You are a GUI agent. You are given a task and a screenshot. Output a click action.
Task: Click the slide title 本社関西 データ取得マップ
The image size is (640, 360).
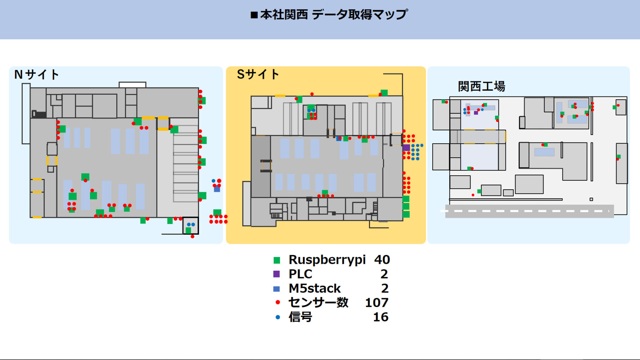329,15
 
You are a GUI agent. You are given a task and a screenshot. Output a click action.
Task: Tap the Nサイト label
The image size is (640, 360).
36,75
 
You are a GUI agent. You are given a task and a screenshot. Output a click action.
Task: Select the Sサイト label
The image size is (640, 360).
258,74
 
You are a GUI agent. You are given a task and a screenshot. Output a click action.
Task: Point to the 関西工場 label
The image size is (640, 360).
481,86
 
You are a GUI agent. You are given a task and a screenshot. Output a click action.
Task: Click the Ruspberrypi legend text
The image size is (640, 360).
327,260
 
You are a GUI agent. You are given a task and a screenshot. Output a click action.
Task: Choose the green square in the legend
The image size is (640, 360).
277,260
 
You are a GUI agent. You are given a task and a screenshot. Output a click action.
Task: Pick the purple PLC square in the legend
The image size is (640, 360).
276,274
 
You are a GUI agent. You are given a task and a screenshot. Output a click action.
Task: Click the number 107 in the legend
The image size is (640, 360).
377,303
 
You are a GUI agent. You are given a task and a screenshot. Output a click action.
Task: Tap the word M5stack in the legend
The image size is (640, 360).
315,288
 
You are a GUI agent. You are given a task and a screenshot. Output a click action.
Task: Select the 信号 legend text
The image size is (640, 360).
300,317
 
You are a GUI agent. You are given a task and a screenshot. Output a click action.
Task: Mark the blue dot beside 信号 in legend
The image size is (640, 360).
278,317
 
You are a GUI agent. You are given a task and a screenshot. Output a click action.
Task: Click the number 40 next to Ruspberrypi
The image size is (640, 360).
382,260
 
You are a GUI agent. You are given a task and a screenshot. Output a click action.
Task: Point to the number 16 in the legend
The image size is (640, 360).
380,317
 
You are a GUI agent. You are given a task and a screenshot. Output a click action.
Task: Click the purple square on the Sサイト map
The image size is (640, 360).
406,148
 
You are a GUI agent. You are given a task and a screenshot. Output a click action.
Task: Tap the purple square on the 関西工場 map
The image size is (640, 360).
476,113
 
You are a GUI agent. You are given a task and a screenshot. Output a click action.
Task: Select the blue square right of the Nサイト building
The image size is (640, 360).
217,189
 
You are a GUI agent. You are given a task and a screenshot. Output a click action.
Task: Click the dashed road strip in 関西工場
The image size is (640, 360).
529,211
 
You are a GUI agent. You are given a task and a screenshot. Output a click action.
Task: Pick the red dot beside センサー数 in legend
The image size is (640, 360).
278,302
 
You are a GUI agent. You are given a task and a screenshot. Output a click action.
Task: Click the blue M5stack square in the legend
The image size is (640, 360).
276,289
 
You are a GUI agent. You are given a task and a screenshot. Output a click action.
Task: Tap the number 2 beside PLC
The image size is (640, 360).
384,274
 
